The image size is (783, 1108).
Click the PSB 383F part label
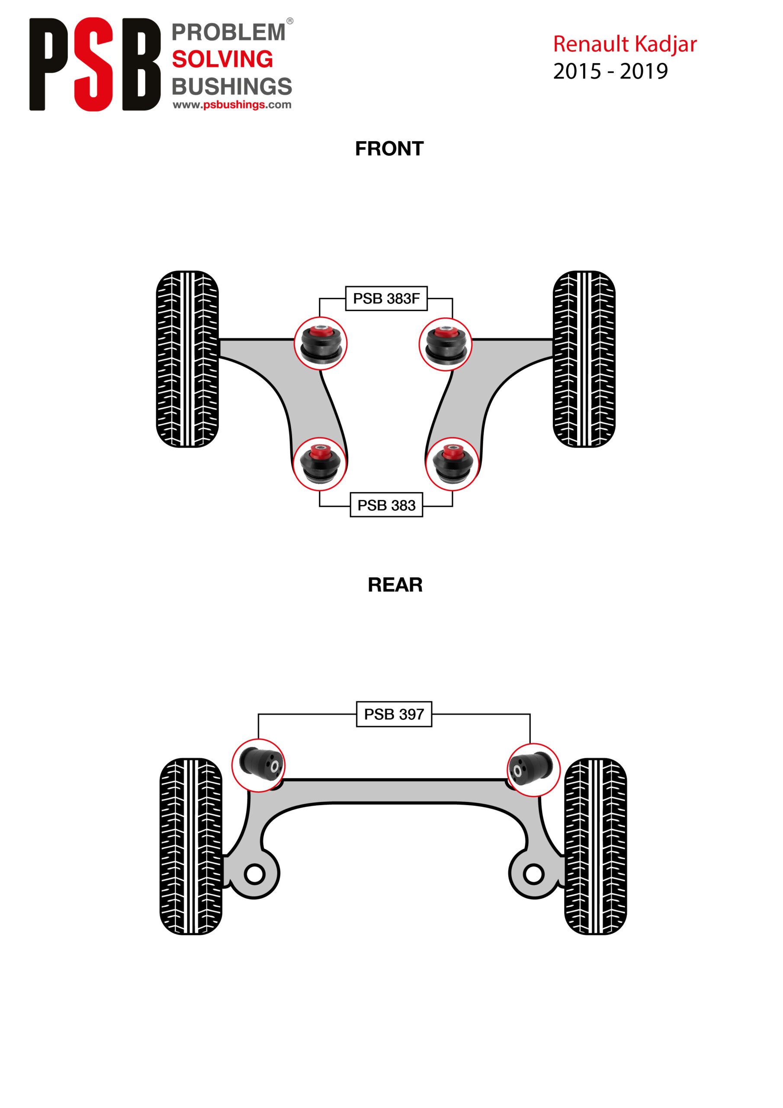pyautogui.click(x=386, y=298)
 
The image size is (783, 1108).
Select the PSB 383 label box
pyautogui.click(x=386, y=505)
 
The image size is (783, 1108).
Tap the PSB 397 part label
pyautogui.click(x=394, y=714)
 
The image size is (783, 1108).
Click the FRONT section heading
pyautogui.click(x=389, y=148)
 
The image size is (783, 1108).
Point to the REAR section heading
pyautogui.click(x=395, y=584)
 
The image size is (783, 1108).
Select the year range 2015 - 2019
pyautogui.click(x=610, y=71)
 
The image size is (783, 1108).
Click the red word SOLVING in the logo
pyautogui.click(x=222, y=59)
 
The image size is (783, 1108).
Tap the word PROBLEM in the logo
pyautogui.click(x=228, y=32)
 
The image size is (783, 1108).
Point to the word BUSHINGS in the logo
pyautogui.click(x=231, y=87)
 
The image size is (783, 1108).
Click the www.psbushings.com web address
pyautogui.click(x=231, y=105)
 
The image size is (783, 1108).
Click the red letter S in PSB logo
pyautogui.click(x=93, y=64)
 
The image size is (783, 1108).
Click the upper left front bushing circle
pyautogui.click(x=321, y=344)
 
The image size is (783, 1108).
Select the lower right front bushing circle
pyautogui.click(x=452, y=464)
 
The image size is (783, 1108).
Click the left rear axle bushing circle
pyautogui.click(x=259, y=765)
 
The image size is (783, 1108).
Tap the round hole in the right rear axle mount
pyautogui.click(x=533, y=874)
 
